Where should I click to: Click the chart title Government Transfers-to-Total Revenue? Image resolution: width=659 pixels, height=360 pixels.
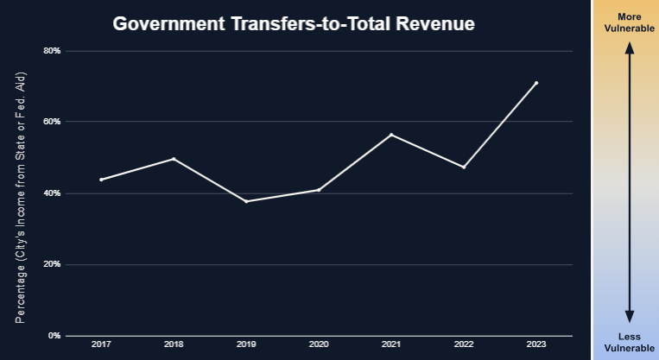point(294,24)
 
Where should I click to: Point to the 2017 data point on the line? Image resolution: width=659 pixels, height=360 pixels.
point(101,180)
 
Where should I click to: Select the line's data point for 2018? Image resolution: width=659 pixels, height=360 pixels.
point(174,159)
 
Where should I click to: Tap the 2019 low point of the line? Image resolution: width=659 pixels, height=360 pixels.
point(246,201)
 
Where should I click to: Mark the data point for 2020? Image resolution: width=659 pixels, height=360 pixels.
point(319,190)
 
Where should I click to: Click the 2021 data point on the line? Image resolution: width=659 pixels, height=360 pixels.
point(391,135)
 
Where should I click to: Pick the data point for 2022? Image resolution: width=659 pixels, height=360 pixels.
point(464,167)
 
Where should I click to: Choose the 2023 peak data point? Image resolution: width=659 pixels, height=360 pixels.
point(536,83)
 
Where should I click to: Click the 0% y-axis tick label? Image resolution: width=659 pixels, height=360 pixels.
point(54,335)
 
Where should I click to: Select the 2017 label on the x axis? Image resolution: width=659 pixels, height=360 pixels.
point(101,345)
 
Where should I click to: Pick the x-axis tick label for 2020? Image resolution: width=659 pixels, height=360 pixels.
point(319,345)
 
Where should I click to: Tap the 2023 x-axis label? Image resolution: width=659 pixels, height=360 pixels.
point(536,345)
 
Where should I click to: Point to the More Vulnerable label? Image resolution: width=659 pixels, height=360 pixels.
point(630,22)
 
